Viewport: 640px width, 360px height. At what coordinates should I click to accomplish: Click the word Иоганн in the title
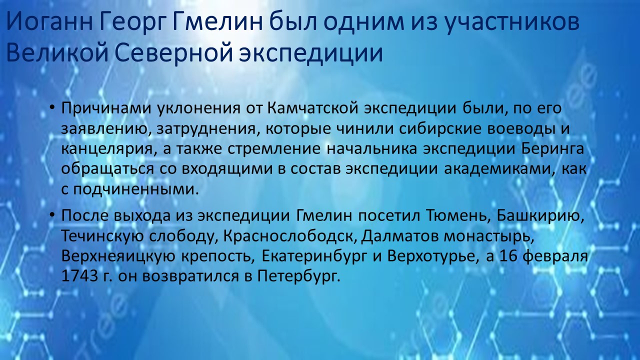pyautogui.click(x=49, y=22)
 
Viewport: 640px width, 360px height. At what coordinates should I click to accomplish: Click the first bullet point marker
pyautogui.click(x=51, y=108)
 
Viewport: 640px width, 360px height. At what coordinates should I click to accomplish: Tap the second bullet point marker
pyautogui.click(x=51, y=215)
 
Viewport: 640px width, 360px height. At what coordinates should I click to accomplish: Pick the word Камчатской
pyautogui.click(x=313, y=108)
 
